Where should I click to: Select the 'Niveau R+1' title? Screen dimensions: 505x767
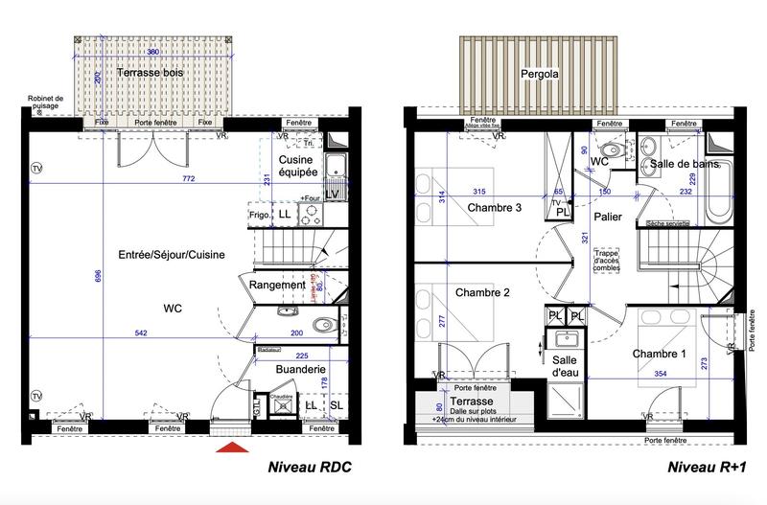[x=705, y=469]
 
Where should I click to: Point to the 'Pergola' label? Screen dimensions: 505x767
[x=540, y=73]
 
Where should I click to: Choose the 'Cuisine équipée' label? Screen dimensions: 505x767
[x=297, y=169]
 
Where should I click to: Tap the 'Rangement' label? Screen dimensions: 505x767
[x=277, y=285]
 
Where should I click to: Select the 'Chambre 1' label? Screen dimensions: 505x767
[x=659, y=355]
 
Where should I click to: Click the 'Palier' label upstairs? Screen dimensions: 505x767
[x=608, y=218]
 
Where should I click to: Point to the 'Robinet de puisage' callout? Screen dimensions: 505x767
[x=46, y=102]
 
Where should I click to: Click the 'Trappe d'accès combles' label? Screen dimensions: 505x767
[x=607, y=259]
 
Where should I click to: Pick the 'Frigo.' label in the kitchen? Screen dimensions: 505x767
[x=259, y=216]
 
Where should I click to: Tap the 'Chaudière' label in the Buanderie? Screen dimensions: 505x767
[x=280, y=395]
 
